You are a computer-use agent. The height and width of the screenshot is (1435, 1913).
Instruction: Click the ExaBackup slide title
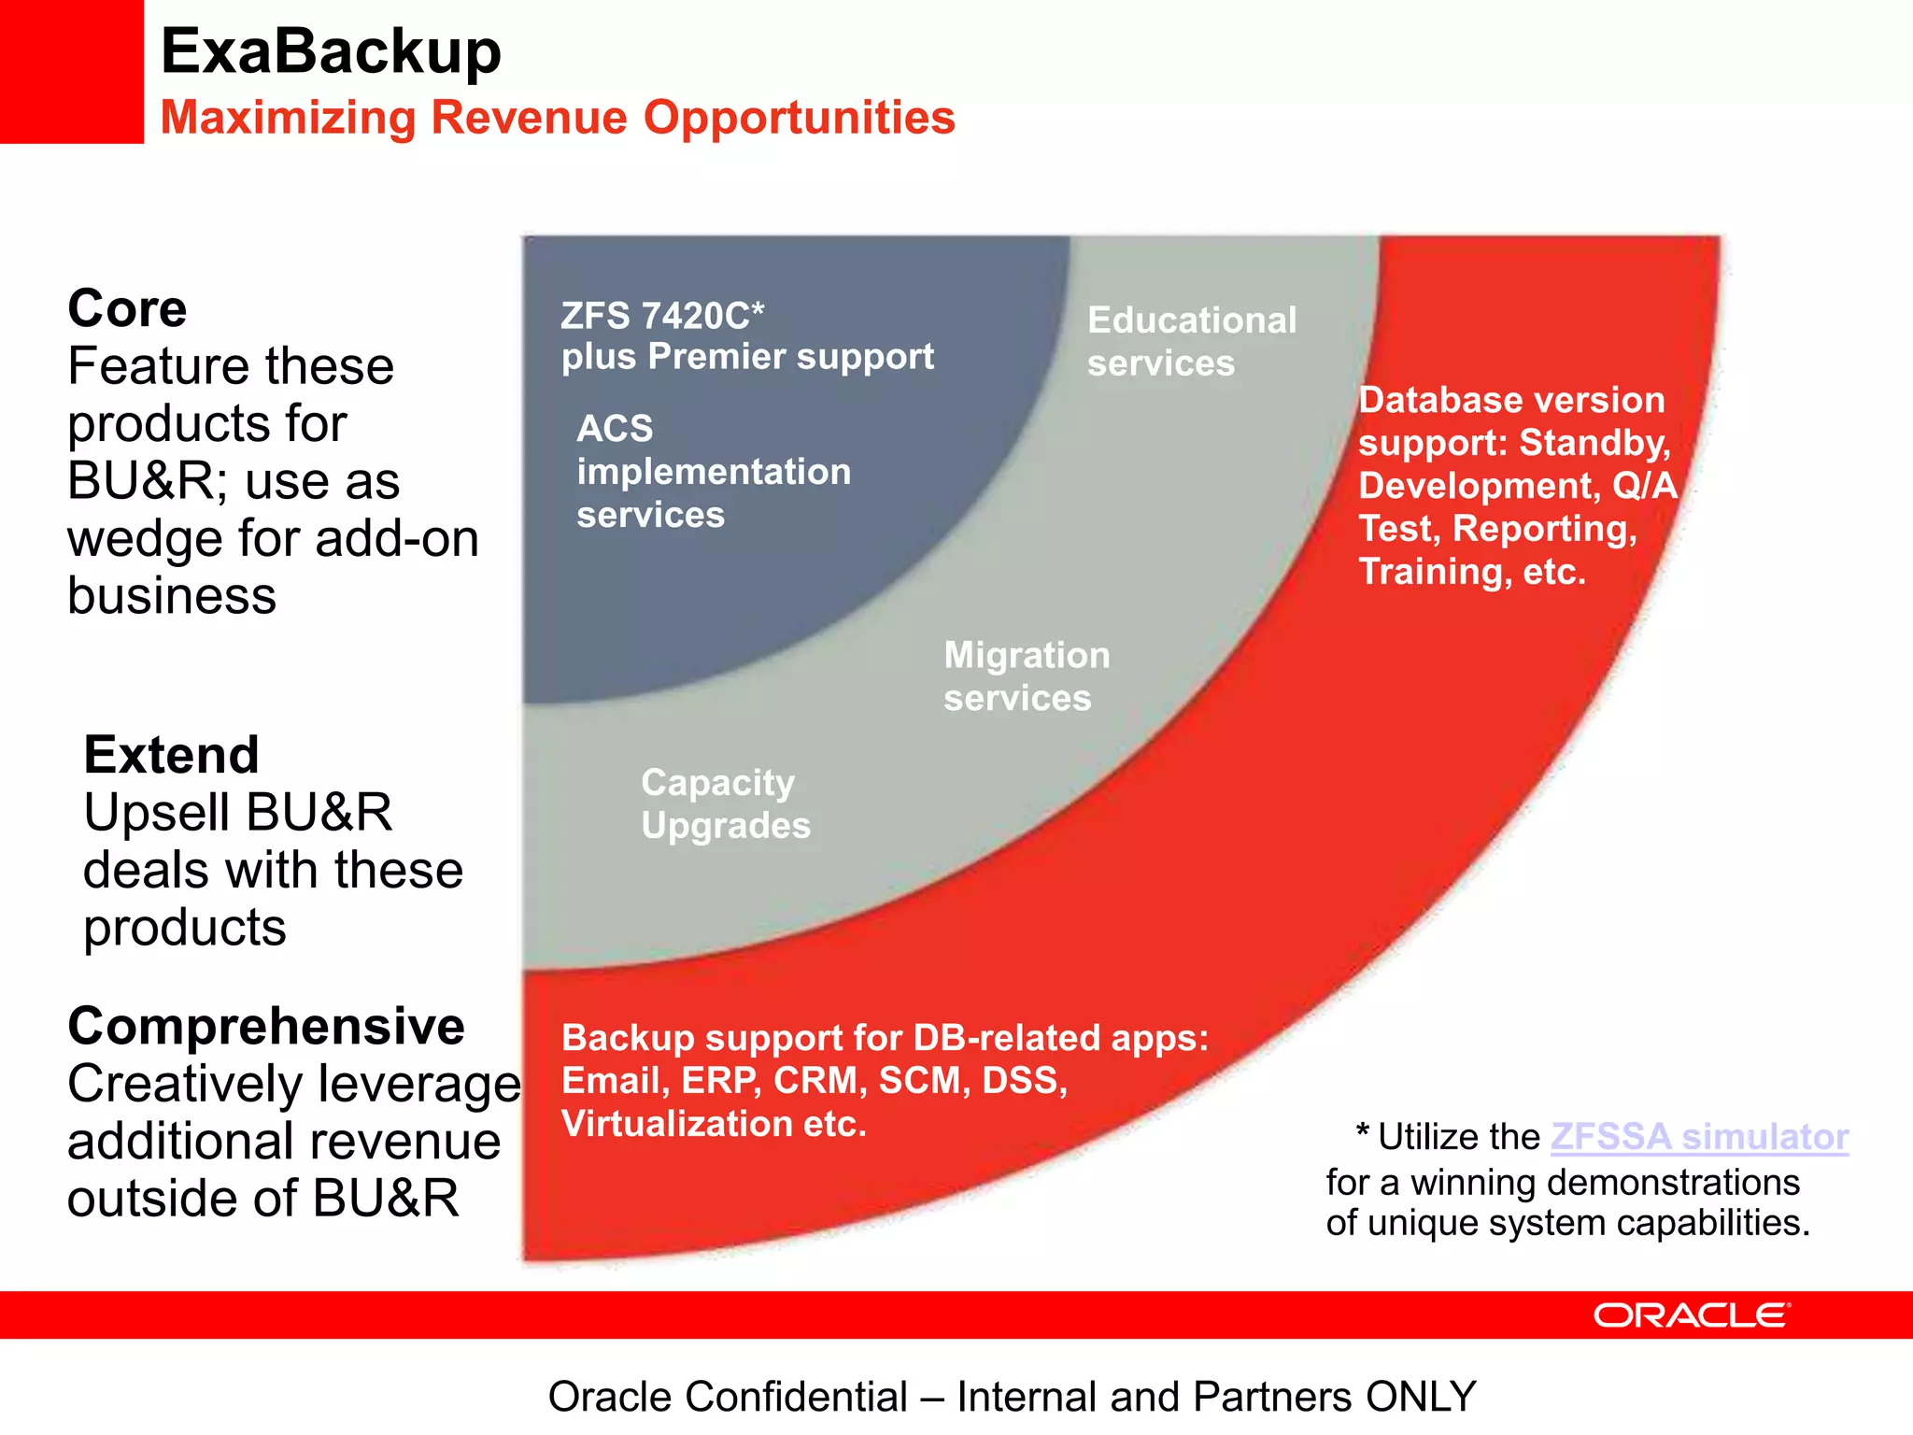tap(331, 52)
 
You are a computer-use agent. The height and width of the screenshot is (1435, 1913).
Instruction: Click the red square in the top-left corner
tap(71, 71)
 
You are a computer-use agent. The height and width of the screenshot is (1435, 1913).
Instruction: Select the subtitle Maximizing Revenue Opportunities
tap(558, 119)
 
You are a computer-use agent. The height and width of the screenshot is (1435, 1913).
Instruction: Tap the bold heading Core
tap(127, 309)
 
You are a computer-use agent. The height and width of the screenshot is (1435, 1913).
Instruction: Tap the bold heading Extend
tap(171, 755)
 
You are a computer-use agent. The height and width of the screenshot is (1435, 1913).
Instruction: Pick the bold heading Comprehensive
tap(266, 1027)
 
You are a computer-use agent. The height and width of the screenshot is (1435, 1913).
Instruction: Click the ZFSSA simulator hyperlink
tap(1699, 1137)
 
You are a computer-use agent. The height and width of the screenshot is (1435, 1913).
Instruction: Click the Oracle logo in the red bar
tap(1692, 1315)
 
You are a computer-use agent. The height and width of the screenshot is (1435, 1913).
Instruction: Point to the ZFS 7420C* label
tap(662, 317)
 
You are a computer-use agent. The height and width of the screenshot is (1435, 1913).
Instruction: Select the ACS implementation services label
tap(713, 472)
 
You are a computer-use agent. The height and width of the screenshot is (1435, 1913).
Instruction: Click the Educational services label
tap(1191, 342)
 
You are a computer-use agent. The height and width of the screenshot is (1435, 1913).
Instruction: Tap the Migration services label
tap(1027, 676)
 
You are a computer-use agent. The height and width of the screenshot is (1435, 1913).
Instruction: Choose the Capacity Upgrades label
tap(726, 803)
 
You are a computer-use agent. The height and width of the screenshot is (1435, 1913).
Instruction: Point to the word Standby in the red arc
tap(1594, 444)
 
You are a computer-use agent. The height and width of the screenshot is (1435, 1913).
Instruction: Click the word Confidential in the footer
tap(797, 1397)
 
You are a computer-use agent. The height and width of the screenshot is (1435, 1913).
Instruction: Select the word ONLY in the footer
tap(1420, 1397)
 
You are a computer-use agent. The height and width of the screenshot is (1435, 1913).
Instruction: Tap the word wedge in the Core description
tap(145, 540)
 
